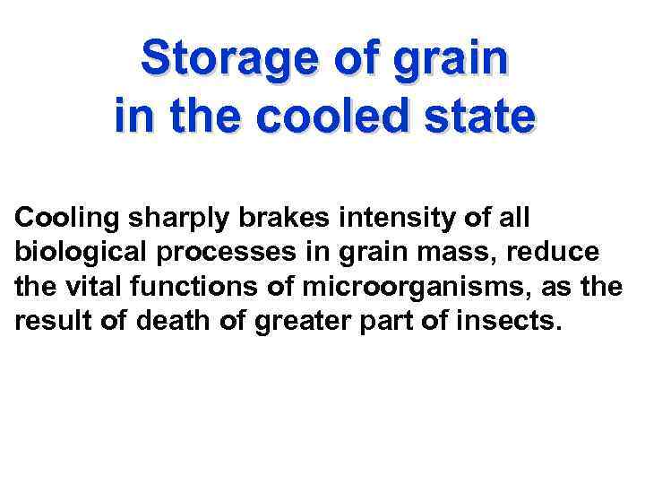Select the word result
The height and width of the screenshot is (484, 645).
point(50,322)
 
